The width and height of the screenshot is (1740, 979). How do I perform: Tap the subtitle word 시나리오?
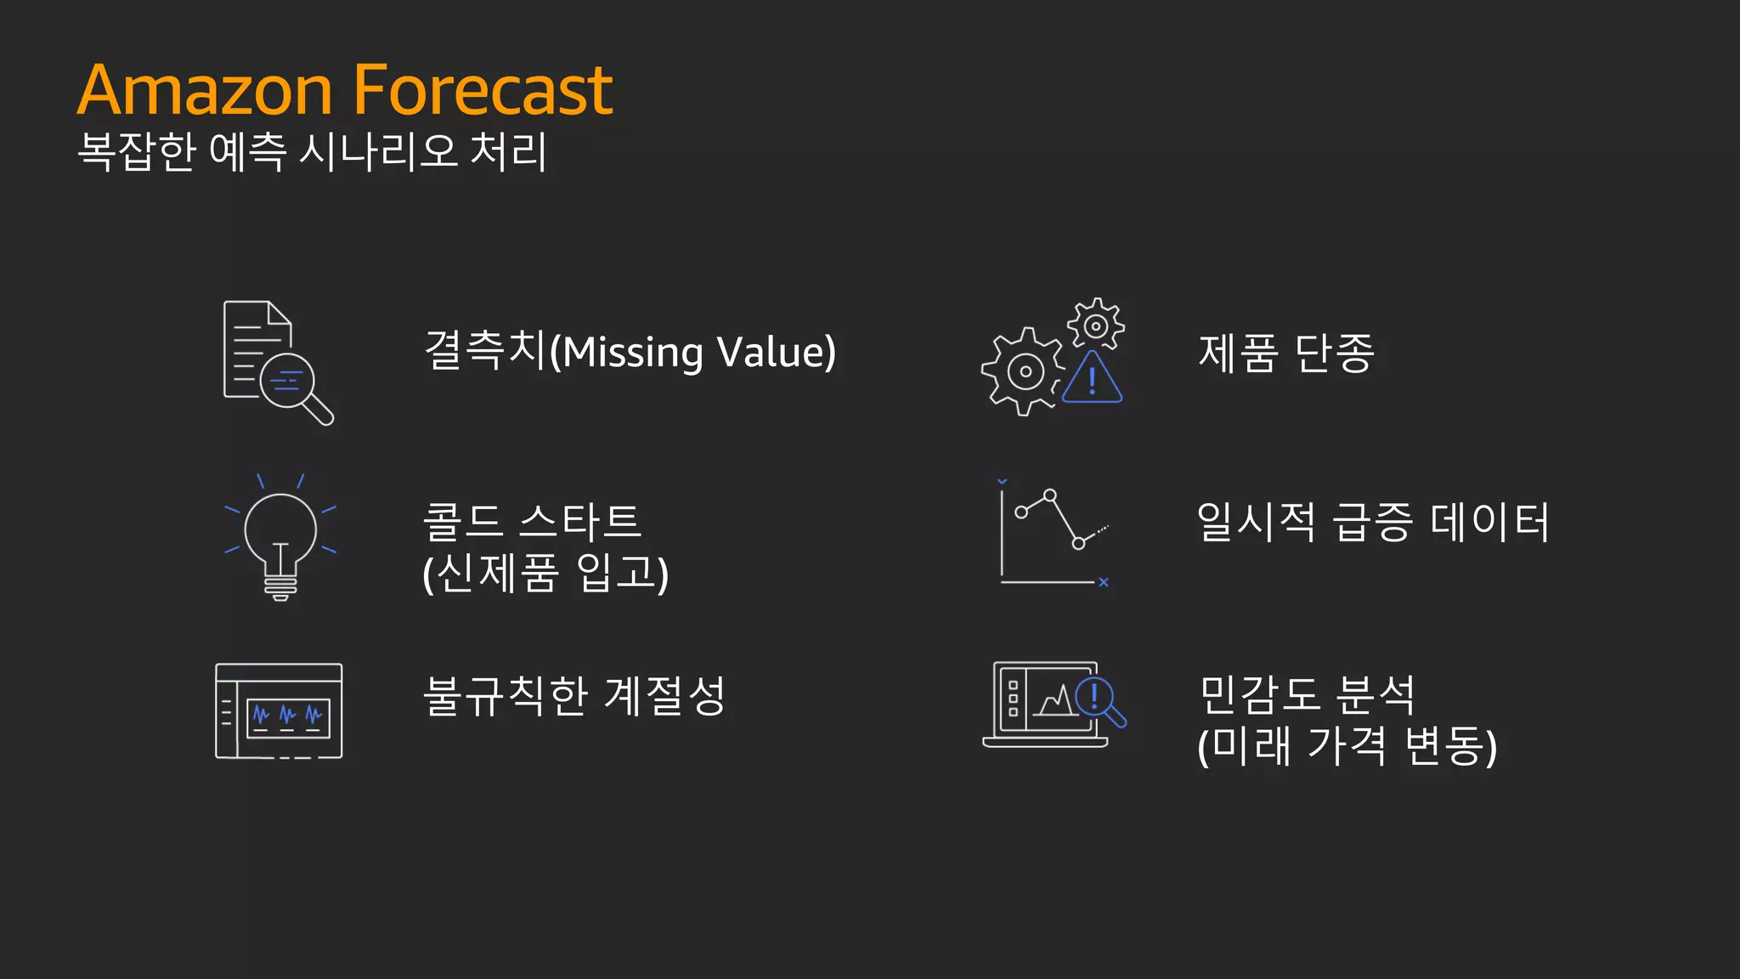click(x=379, y=152)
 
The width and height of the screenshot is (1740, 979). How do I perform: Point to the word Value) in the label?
click(x=777, y=353)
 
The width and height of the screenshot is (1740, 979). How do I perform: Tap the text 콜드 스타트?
click(x=532, y=521)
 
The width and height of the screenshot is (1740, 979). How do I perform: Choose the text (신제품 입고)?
click(x=545, y=573)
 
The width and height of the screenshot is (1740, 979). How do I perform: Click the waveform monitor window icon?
click(x=279, y=711)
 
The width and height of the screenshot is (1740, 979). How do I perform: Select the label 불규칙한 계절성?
click(x=574, y=696)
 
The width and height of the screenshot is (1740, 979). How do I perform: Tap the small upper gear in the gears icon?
click(x=1096, y=325)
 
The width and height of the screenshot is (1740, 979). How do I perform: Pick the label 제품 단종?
click(x=1285, y=353)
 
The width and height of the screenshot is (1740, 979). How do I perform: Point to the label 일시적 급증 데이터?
click(x=1373, y=521)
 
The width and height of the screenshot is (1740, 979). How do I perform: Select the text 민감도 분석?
click(x=1307, y=694)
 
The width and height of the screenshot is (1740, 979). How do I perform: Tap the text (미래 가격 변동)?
click(x=1347, y=746)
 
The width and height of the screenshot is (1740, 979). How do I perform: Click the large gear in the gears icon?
click(x=1024, y=372)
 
